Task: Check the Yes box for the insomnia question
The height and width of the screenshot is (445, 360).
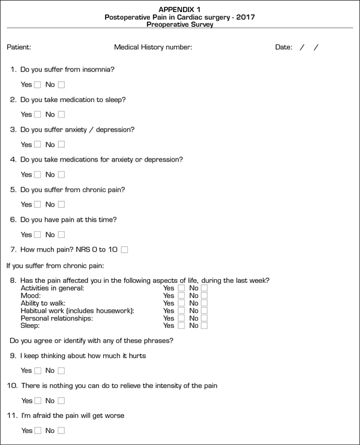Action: click(x=37, y=85)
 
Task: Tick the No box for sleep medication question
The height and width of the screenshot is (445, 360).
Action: click(x=61, y=115)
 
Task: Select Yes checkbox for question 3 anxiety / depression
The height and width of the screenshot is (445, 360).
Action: click(x=37, y=145)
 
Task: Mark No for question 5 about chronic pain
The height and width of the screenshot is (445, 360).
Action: click(x=61, y=205)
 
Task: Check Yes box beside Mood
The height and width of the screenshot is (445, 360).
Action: click(x=181, y=295)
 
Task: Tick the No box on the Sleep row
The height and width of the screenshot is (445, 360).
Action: click(x=204, y=325)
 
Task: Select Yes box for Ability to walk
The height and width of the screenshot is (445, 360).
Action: click(x=181, y=303)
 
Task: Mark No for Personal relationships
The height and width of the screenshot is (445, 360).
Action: click(x=204, y=318)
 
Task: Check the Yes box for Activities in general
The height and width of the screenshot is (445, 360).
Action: click(x=181, y=288)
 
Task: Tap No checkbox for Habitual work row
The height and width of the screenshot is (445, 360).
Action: click(x=204, y=310)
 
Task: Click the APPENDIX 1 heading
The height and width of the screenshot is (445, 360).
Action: click(x=179, y=10)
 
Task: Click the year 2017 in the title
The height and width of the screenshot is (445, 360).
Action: click(x=244, y=17)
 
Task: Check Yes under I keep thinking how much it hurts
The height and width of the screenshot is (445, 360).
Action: click(x=37, y=371)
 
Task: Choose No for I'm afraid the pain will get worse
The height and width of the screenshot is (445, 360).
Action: click(x=61, y=431)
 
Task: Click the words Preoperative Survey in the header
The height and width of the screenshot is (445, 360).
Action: click(x=179, y=25)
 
